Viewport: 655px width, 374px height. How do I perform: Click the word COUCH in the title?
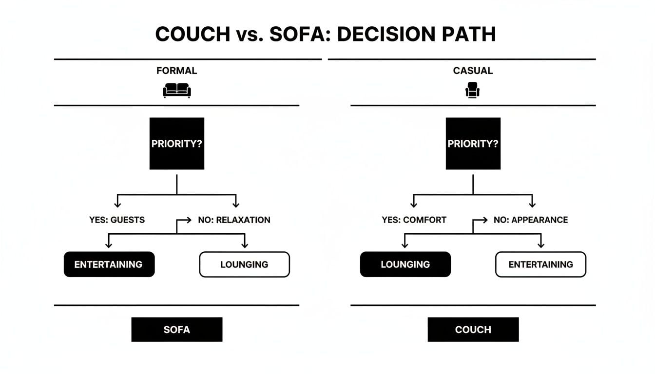tap(192, 34)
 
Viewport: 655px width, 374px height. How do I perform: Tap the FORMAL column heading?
tap(176, 71)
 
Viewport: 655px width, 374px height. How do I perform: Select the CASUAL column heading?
tap(473, 71)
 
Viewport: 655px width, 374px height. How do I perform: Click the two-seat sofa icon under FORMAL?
tap(176, 90)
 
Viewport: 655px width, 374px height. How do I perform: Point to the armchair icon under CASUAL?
tap(473, 90)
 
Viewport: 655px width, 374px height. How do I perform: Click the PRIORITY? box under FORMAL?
tap(176, 144)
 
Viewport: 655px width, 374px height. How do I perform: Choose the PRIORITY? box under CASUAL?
tap(473, 144)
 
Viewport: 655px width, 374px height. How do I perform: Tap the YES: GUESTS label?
tap(117, 220)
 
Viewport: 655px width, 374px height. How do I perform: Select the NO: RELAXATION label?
tap(234, 220)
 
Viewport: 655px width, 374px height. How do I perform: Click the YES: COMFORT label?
tap(414, 220)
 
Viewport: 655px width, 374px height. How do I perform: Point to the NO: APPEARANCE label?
tap(531, 220)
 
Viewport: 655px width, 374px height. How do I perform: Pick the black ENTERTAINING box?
tap(109, 264)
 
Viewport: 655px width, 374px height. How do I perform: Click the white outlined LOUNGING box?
tap(244, 264)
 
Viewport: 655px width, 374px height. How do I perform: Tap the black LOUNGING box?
tap(405, 264)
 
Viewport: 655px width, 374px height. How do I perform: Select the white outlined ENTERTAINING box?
tap(540, 264)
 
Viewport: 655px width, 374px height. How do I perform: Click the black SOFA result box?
tap(176, 330)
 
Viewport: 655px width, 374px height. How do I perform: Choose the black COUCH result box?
tap(473, 330)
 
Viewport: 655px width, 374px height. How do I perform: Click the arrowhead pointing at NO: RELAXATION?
tap(189, 220)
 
